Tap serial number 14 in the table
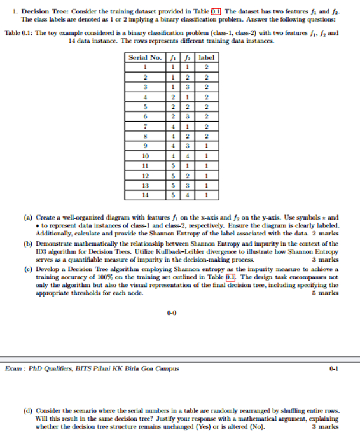click(146, 195)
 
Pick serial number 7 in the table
click(146, 127)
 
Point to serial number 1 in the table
click(146, 67)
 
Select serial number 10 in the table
click(146, 155)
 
